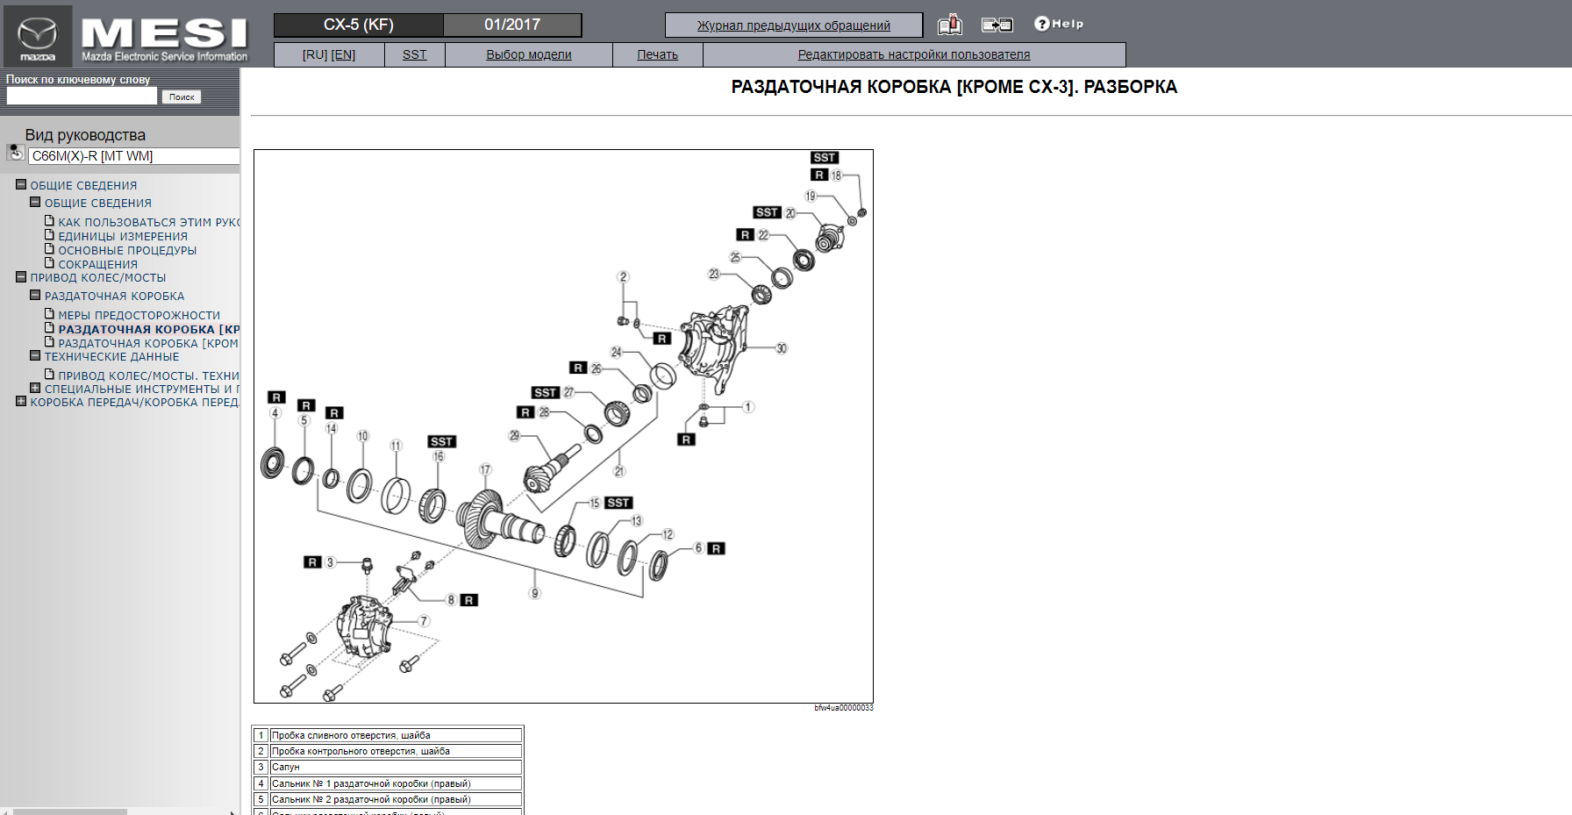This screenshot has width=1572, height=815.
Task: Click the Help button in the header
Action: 1059,24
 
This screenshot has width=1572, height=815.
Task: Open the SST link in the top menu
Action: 414,54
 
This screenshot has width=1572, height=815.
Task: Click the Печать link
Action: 657,54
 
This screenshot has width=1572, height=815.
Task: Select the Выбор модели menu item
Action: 528,54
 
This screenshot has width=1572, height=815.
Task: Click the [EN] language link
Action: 343,54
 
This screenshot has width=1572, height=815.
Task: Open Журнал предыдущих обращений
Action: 793,25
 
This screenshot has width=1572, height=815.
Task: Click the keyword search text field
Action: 82,97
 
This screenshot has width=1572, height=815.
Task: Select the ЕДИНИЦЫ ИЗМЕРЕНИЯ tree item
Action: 123,236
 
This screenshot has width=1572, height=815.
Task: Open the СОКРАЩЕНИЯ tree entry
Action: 97,264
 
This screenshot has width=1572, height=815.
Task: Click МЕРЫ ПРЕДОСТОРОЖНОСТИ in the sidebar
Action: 139,315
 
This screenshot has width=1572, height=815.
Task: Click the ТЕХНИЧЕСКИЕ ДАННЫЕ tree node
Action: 111,356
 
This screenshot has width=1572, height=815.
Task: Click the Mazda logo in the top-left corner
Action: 38,36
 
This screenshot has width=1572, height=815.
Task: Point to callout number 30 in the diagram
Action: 781,348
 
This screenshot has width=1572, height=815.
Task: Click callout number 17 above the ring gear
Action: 485,470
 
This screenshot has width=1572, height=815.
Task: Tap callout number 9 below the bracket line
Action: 535,593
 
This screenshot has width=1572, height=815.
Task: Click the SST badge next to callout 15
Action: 618,503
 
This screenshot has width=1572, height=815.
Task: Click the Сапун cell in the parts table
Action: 395,767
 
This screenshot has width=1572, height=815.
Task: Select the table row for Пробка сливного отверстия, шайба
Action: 395,735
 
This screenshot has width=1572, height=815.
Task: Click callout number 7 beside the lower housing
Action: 424,621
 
